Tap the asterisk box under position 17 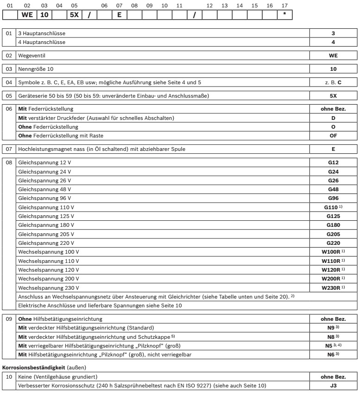click(284, 15)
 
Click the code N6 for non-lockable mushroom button click(332, 354)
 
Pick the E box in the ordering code click(119, 15)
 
